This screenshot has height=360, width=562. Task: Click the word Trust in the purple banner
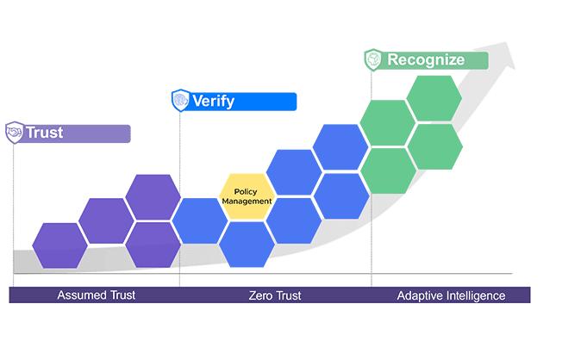44,133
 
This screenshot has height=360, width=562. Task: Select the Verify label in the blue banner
213,102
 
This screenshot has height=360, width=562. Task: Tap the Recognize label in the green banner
426,60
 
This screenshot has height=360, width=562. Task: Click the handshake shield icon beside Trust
15,133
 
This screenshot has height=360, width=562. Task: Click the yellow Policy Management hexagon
247,196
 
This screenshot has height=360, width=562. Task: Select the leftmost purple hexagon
59,245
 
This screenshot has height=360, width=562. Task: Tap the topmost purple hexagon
153,196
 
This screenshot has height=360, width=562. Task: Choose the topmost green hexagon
434,98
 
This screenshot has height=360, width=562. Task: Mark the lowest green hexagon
388,171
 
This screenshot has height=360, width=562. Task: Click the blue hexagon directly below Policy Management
247,245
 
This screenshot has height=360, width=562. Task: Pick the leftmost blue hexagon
200,220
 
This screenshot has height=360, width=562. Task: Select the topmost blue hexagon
340,147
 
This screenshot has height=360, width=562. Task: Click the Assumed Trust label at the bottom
97,295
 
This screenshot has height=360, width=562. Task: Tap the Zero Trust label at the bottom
275,295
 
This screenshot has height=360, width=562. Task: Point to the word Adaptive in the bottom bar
419,295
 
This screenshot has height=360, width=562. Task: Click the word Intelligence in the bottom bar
475,295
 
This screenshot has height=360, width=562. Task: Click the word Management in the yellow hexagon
247,202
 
